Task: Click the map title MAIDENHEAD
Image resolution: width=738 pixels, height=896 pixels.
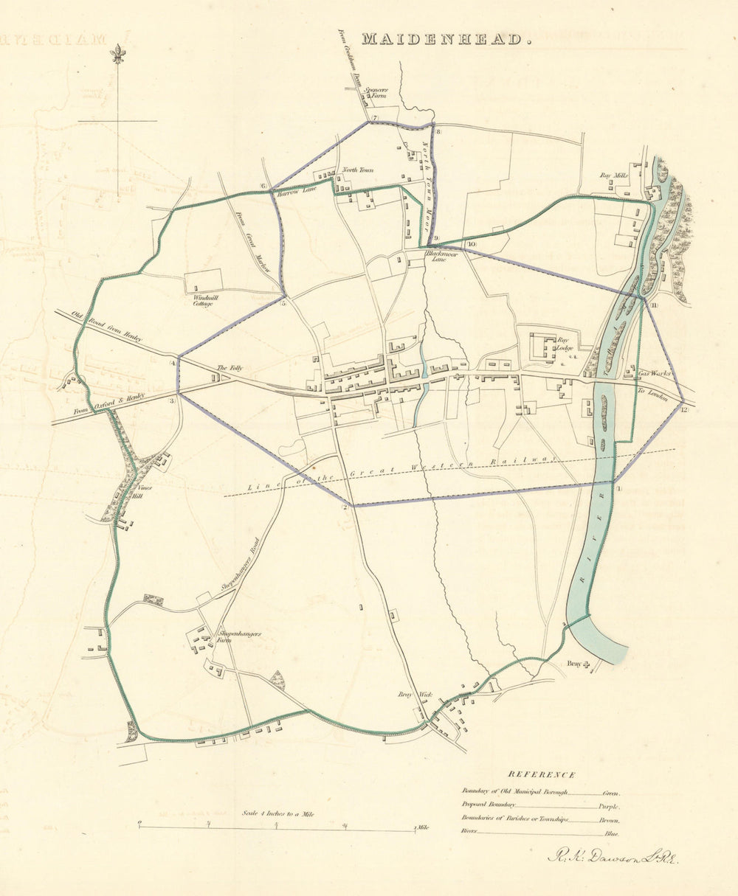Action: [x=446, y=40]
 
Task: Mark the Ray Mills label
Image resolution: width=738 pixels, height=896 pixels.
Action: [x=613, y=176]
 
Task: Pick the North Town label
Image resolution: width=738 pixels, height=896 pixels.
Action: [x=356, y=170]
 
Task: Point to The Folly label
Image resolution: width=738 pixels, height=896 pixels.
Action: [x=224, y=368]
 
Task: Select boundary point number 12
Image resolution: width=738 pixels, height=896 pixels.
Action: [x=685, y=409]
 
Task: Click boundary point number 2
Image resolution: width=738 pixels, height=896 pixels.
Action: [x=344, y=507]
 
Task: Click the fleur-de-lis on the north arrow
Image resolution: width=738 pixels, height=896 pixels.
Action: [x=117, y=53]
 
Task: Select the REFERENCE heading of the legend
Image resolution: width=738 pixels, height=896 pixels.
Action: [x=541, y=774]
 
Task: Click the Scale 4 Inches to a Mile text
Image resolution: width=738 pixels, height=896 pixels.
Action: [x=277, y=813]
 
